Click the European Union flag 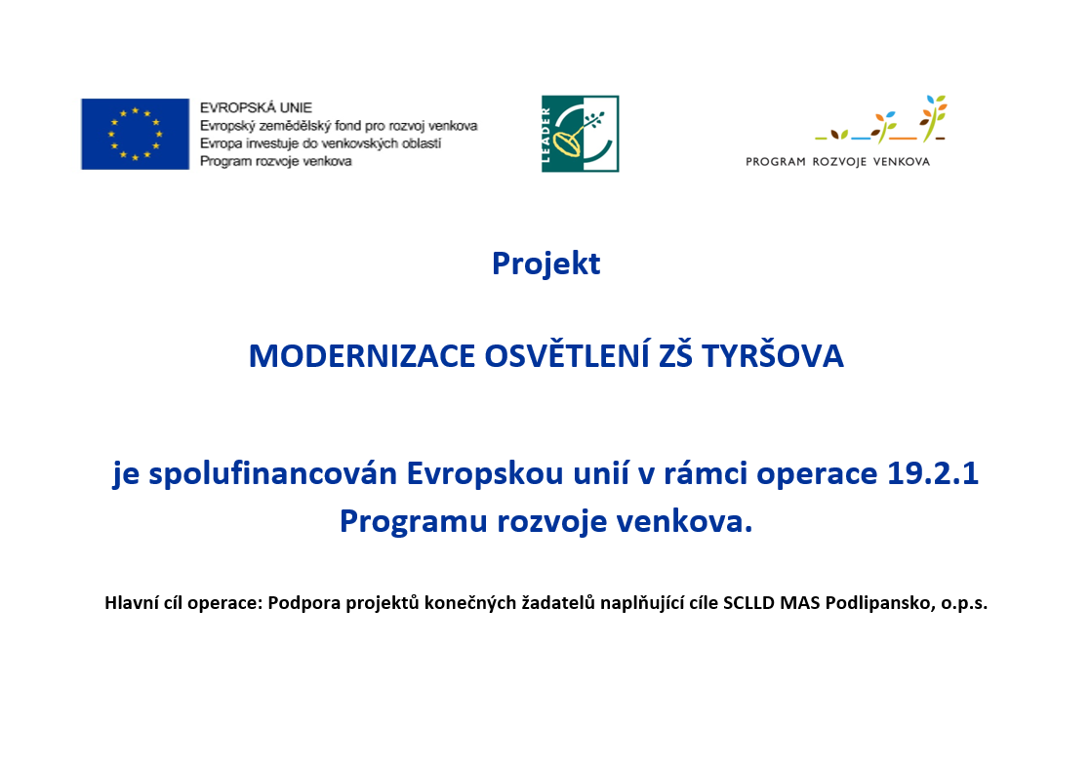[135, 134]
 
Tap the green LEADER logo [581, 134]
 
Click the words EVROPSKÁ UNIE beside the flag [256, 108]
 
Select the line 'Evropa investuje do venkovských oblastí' [321, 143]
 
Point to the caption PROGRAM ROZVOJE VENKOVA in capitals [837, 161]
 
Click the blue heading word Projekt [546, 264]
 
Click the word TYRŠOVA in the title [772, 355]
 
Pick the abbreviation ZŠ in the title [676, 355]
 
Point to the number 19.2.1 [933, 473]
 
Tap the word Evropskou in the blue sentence [485, 474]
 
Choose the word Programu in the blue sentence [414, 522]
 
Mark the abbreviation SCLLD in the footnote [748, 602]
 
